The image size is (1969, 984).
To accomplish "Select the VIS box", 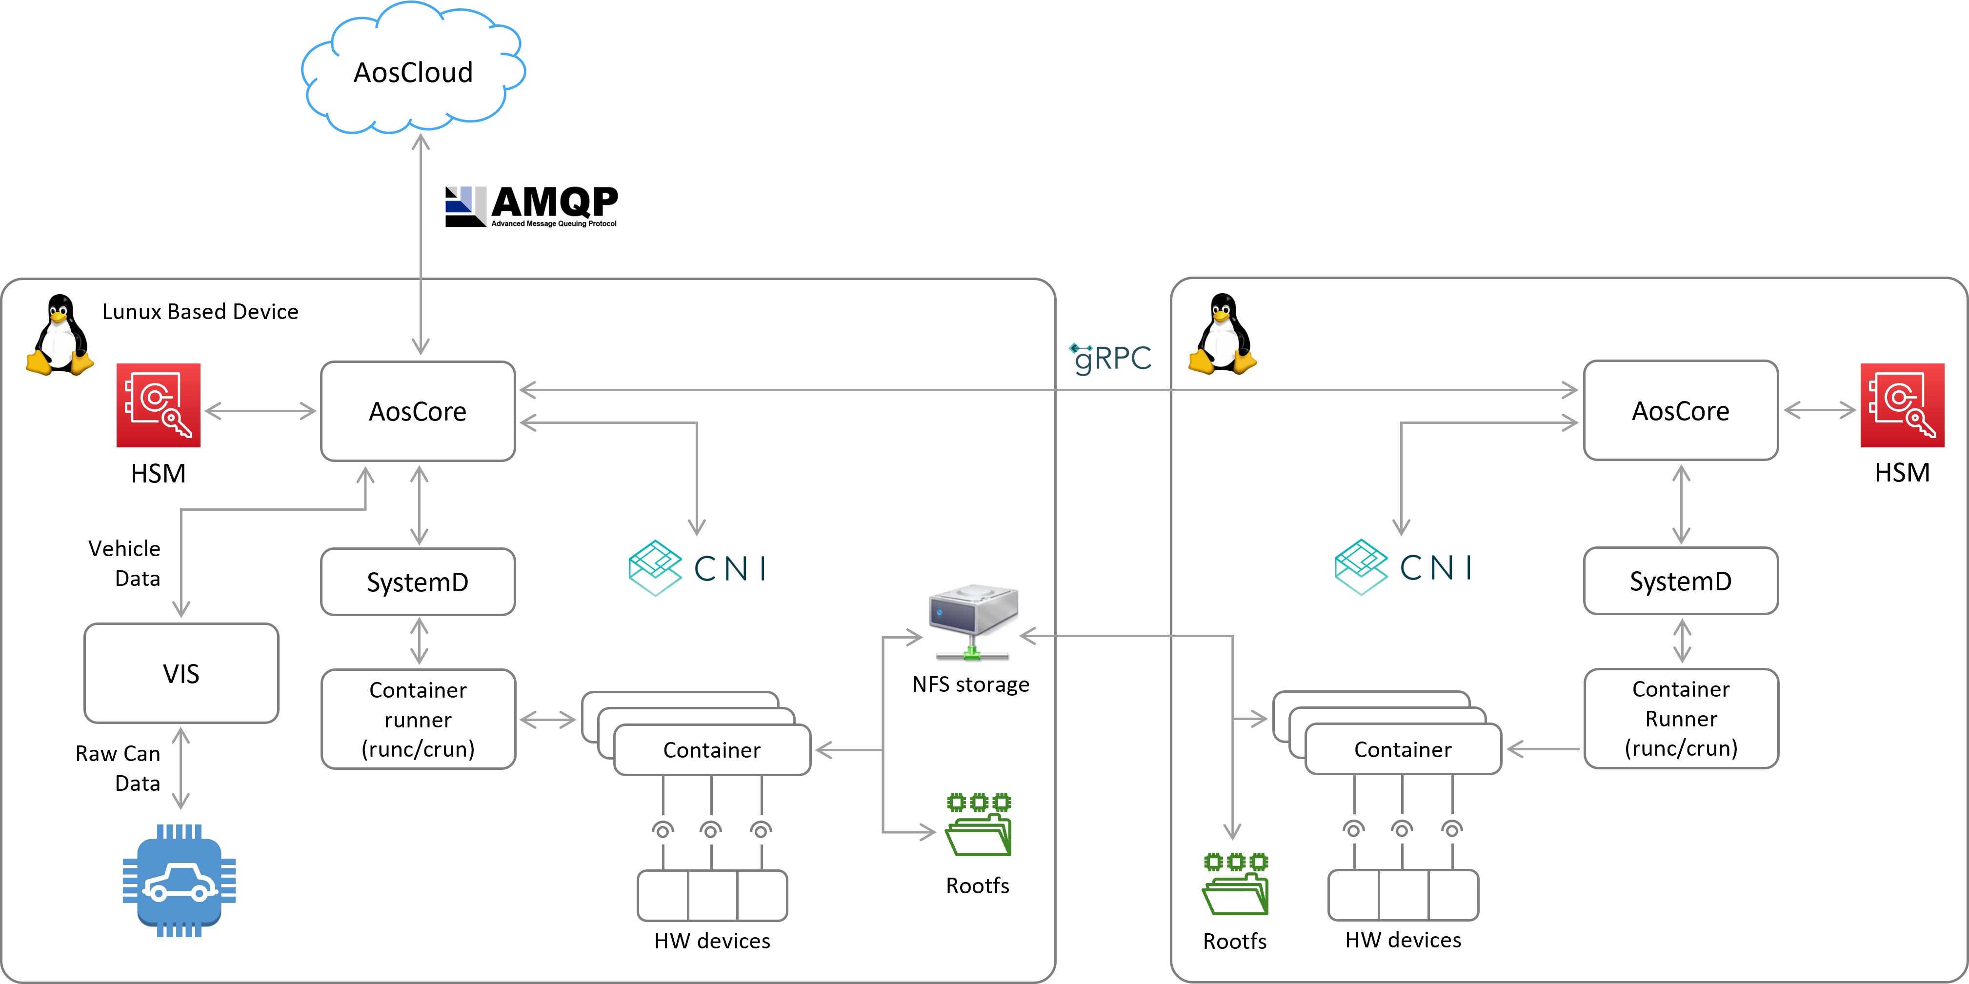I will (x=181, y=673).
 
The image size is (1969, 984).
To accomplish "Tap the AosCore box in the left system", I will (x=417, y=411).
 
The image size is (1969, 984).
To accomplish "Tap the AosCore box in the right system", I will (x=1680, y=411).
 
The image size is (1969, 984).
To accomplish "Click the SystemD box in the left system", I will (x=417, y=582).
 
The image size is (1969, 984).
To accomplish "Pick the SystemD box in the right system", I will (x=1680, y=581).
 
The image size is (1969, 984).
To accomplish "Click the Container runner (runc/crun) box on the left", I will (x=417, y=719).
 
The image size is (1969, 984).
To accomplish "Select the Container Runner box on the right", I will (x=1680, y=718).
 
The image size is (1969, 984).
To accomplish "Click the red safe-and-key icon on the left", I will (x=158, y=405).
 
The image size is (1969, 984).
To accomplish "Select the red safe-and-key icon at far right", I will (x=1901, y=405).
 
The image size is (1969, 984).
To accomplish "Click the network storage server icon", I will (x=972, y=619).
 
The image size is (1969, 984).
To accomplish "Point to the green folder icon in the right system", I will (x=1235, y=884).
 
